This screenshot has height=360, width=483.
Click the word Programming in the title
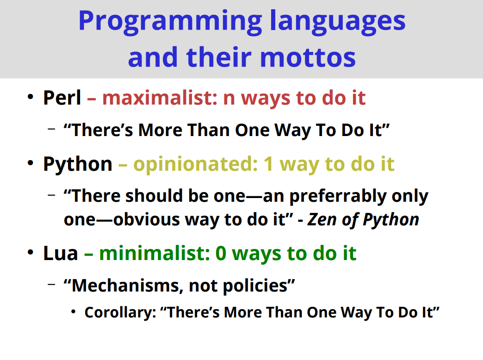click(170, 21)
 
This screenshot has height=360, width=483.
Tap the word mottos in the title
click(308, 57)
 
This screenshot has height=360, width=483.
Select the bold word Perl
click(62, 98)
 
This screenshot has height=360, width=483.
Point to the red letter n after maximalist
click(229, 99)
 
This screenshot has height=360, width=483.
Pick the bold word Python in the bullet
click(78, 164)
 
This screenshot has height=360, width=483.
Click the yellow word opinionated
click(196, 164)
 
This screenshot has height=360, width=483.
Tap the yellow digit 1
click(269, 164)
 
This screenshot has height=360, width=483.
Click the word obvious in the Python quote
click(147, 219)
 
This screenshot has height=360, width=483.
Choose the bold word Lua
click(61, 254)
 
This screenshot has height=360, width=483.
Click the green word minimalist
click(155, 254)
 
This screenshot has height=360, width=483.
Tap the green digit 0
click(221, 254)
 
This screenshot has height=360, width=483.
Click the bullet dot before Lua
click(30, 252)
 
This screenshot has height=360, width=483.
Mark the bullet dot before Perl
click(30, 97)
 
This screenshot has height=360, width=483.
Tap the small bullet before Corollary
click(73, 312)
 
